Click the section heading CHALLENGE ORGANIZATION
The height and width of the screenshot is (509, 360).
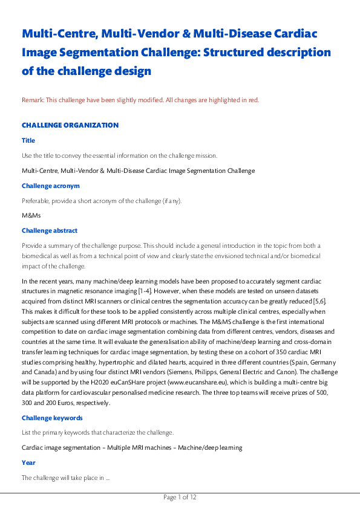(70, 125)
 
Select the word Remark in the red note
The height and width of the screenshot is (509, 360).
(32, 100)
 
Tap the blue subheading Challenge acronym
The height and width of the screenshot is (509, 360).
(50, 186)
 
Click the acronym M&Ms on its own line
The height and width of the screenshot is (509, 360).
(31, 215)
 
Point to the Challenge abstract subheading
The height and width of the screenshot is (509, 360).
(50, 230)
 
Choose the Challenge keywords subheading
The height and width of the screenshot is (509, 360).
(52, 418)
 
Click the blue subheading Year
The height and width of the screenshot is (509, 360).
(28, 462)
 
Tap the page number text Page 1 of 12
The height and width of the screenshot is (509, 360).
(180, 498)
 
